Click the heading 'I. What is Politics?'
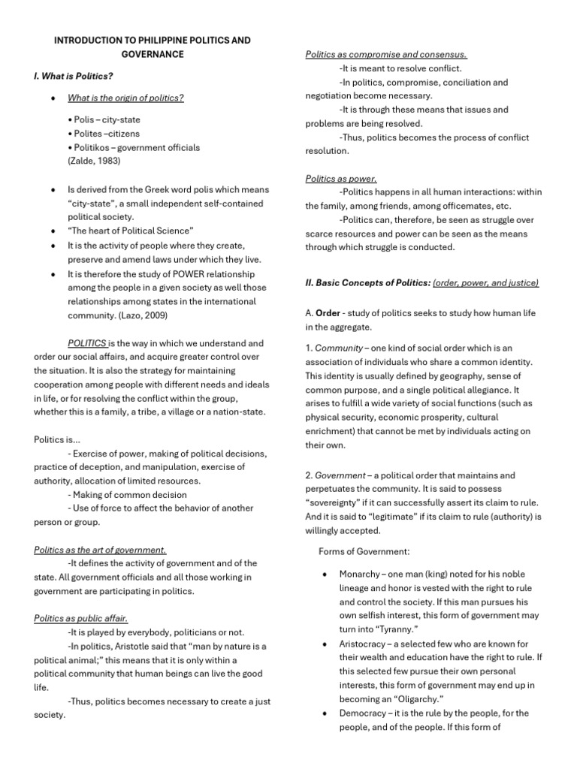pos(74,76)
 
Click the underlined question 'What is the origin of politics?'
pos(125,98)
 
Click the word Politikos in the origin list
pos(90,147)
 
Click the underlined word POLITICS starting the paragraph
pos(87,342)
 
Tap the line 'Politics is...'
pos(57,439)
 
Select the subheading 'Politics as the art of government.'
pos(100,550)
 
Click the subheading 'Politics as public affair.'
pos(81,618)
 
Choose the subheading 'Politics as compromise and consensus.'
pos(386,55)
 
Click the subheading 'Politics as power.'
pos(341,179)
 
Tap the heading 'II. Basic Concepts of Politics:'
pos(367,282)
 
